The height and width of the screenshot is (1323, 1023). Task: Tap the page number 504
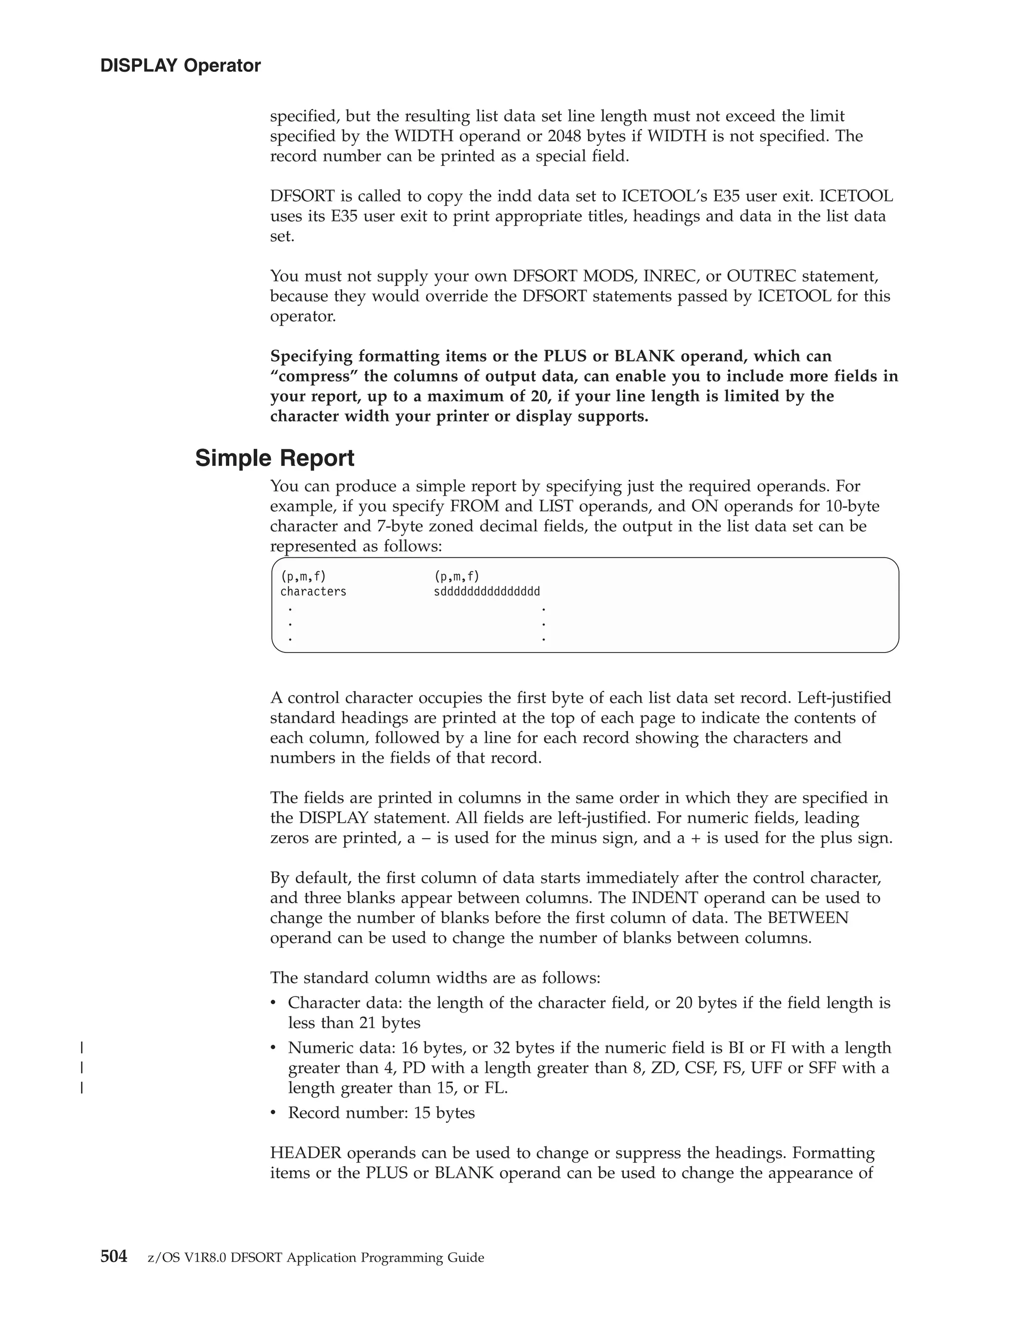coord(114,1257)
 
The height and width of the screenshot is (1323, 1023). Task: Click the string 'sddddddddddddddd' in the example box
coord(487,591)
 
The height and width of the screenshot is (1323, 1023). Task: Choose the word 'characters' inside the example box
coord(313,591)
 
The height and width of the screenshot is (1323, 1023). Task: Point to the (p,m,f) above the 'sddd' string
coord(457,576)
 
